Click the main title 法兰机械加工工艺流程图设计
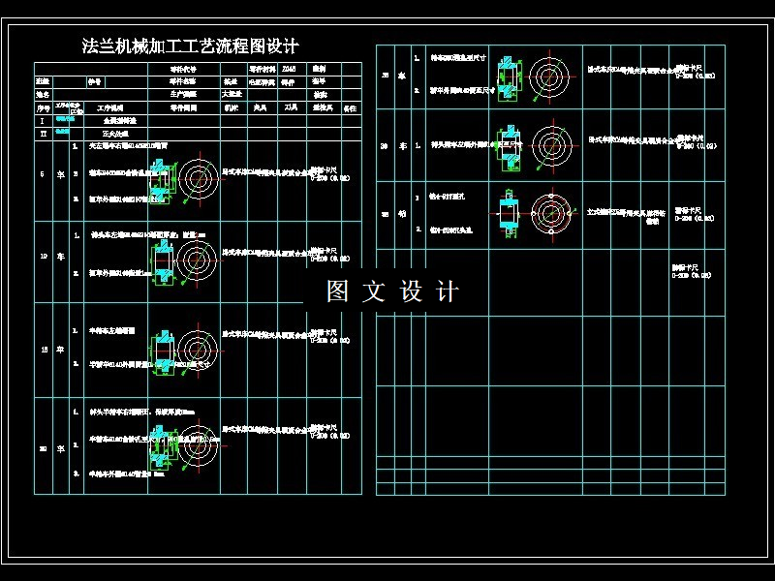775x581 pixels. pos(191,46)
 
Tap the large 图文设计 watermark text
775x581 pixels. pos(392,291)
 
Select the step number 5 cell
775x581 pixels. pos(42,174)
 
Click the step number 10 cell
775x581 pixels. pos(42,258)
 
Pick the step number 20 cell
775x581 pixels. pos(42,448)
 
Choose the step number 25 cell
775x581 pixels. pos(386,75)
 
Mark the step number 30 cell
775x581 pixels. pos(386,145)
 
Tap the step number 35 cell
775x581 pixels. pos(386,215)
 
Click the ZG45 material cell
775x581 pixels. pos(290,69)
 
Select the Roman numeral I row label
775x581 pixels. pos(42,121)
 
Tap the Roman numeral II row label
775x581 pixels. pos(42,133)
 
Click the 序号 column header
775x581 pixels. pos(42,108)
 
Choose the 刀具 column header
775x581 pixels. pos(291,108)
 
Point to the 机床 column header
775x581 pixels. pos(232,108)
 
